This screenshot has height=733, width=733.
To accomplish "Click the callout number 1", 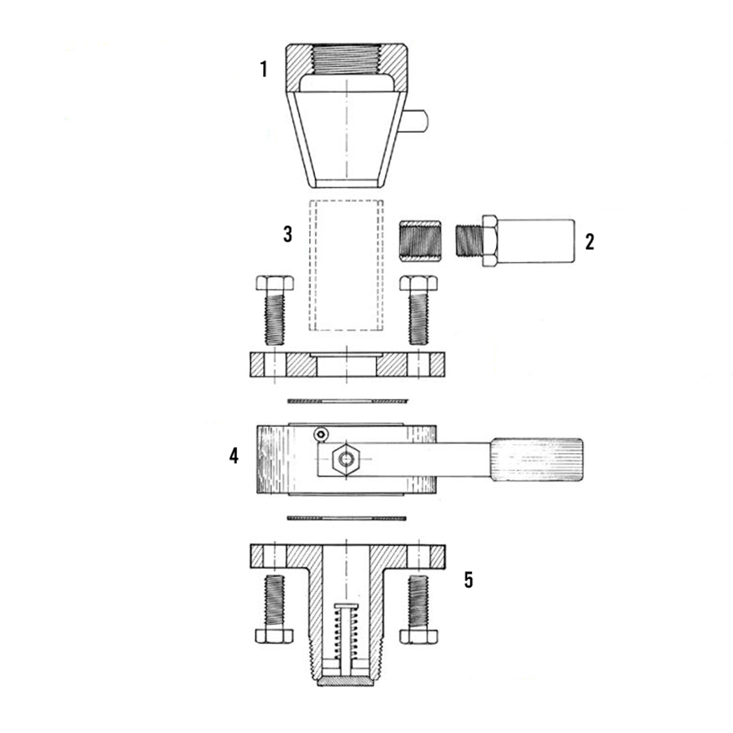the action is point(263,69).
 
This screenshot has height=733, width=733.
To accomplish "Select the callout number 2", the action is point(590,241).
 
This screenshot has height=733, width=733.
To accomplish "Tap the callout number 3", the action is point(288,234).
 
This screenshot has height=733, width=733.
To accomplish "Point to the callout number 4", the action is point(234,456).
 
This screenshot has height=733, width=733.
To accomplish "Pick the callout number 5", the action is point(469,580).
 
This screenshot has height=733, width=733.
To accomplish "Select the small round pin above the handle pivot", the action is point(321,434).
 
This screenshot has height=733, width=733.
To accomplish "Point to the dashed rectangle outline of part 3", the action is point(310,265).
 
